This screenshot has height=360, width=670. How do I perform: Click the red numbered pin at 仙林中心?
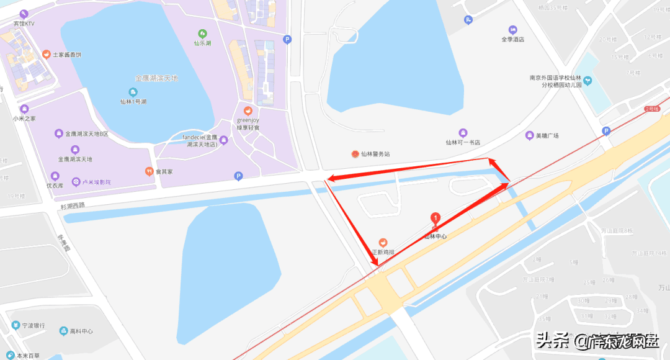435,218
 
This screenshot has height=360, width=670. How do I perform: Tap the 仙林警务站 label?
375,154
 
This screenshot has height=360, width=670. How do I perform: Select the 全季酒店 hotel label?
513,38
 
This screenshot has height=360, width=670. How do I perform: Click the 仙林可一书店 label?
463,142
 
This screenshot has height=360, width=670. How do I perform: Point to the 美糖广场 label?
547,135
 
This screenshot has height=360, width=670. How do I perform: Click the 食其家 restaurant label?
163,171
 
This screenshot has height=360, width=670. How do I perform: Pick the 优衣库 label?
55,185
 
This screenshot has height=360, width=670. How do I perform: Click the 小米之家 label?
24,118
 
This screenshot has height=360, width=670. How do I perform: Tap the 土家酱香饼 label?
66,55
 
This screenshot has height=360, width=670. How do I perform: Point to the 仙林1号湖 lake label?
133,101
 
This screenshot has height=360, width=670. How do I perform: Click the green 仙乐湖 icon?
202,34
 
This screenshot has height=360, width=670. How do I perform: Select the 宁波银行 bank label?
32,325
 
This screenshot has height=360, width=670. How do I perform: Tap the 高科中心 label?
81,331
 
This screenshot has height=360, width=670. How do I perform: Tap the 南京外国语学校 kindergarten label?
555,81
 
